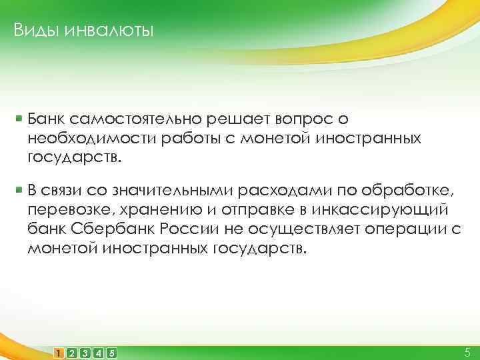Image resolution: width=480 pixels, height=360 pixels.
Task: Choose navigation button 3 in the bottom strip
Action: pyautogui.click(x=85, y=352)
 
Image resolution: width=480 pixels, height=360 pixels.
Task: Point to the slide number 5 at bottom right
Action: pyautogui.click(x=466, y=351)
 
